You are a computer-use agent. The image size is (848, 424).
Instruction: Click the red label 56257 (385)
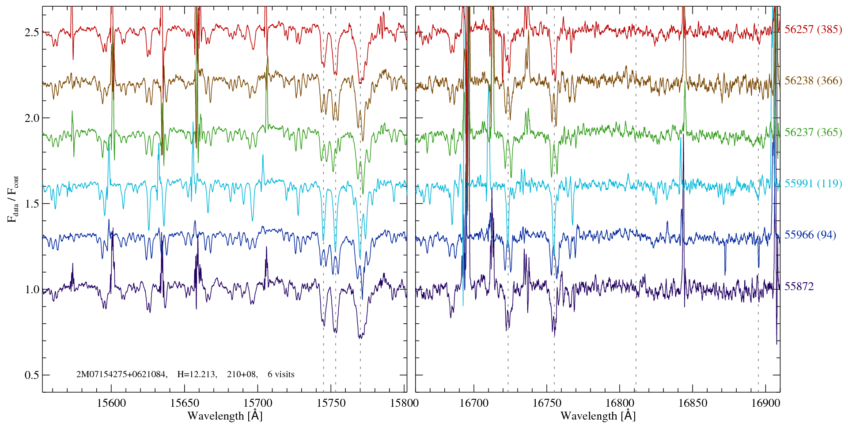[x=813, y=30]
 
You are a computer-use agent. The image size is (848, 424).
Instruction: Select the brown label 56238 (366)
[x=813, y=81]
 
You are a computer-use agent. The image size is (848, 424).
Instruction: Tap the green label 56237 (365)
[x=813, y=132]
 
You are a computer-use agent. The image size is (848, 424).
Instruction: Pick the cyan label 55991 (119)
[x=813, y=184]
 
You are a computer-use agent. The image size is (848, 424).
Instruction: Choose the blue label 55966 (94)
[x=810, y=235]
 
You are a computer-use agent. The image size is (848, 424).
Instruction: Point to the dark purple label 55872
[x=799, y=287]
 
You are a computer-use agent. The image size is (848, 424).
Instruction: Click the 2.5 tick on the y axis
[x=31, y=33]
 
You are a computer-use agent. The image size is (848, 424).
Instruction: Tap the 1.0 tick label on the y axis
[x=31, y=290]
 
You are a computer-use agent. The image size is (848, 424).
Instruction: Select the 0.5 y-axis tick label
[x=31, y=375]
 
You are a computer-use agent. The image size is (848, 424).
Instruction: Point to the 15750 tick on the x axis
[x=332, y=403]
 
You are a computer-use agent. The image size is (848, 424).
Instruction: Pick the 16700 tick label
[x=474, y=403]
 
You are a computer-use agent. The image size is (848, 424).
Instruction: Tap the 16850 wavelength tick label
[x=692, y=403]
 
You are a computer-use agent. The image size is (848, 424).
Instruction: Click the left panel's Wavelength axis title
[x=225, y=416]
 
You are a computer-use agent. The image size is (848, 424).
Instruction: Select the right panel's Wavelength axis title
[x=598, y=416]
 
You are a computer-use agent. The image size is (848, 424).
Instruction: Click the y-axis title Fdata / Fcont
[x=13, y=199]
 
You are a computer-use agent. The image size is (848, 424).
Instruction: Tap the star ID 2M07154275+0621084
[x=121, y=375]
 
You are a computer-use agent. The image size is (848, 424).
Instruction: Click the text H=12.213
[x=197, y=375]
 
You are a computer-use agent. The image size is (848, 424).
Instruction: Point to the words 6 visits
[x=281, y=375]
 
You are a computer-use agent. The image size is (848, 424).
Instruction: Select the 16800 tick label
[x=619, y=403]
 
